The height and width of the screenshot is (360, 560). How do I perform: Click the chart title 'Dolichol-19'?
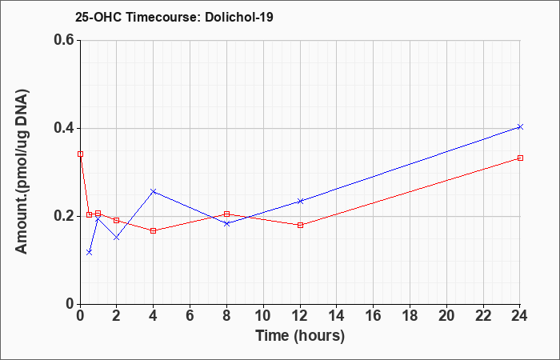pyautogui.click(x=239, y=17)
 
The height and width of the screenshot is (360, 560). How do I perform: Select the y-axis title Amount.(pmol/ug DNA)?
pyautogui.click(x=22, y=171)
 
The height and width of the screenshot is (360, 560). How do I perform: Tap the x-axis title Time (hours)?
pyautogui.click(x=300, y=336)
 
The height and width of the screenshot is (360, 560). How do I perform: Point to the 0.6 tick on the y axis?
pyautogui.click(x=64, y=40)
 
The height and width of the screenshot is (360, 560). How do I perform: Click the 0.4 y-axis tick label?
pyautogui.click(x=64, y=128)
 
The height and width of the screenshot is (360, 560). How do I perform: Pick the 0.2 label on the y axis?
pyautogui.click(x=64, y=216)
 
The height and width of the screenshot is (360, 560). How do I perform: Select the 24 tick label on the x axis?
pyautogui.click(x=519, y=316)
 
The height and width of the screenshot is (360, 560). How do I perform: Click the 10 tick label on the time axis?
pyautogui.click(x=263, y=316)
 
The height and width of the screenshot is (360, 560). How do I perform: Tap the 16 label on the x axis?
pyautogui.click(x=374, y=316)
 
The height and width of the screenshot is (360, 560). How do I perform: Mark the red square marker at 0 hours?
pyautogui.click(x=80, y=154)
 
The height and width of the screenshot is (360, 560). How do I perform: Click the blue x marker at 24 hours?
pyautogui.click(x=520, y=126)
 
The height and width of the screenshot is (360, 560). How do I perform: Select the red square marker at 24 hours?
pyautogui.click(x=520, y=158)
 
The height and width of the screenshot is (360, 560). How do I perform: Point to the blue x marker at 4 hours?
pyautogui.click(x=154, y=191)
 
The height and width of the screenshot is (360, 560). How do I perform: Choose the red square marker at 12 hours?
pyautogui.click(x=300, y=225)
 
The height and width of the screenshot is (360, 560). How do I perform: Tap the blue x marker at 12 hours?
pyautogui.click(x=300, y=201)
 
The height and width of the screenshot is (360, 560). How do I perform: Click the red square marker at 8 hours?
pyautogui.click(x=226, y=214)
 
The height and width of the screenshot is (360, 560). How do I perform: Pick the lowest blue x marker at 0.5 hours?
pyautogui.click(x=90, y=252)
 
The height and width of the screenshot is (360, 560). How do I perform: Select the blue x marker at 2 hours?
pyautogui.click(x=117, y=237)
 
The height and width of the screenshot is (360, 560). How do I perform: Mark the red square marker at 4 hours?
pyautogui.click(x=154, y=230)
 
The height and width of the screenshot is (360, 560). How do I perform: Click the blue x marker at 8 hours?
pyautogui.click(x=226, y=223)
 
